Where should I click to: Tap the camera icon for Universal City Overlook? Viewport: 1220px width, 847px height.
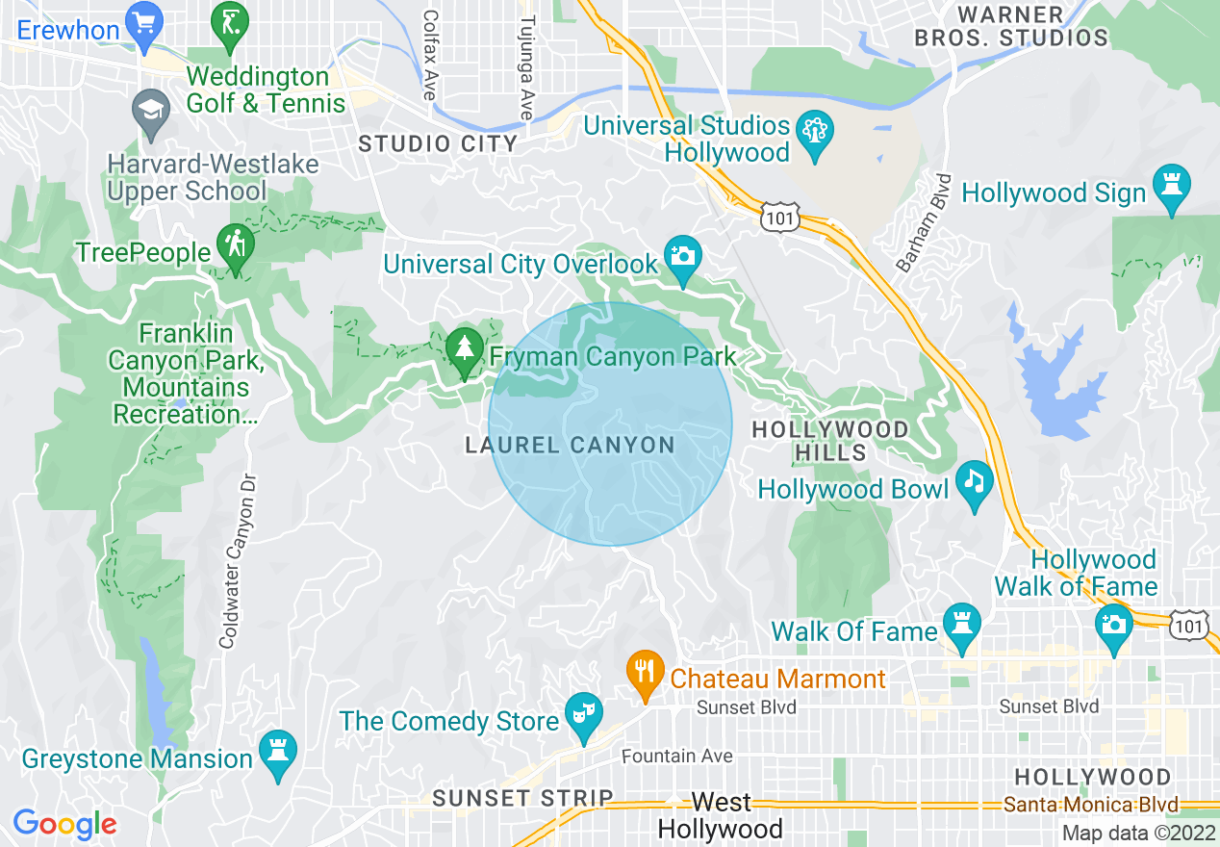683,256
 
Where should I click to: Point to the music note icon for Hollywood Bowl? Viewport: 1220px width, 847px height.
974,480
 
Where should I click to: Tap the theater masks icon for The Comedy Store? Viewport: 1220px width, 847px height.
583,713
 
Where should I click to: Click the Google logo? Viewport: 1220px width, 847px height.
65,824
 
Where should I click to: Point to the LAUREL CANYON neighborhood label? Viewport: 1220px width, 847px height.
570,446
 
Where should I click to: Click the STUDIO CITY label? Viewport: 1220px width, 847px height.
438,144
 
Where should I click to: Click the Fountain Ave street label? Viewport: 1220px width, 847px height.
677,757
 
